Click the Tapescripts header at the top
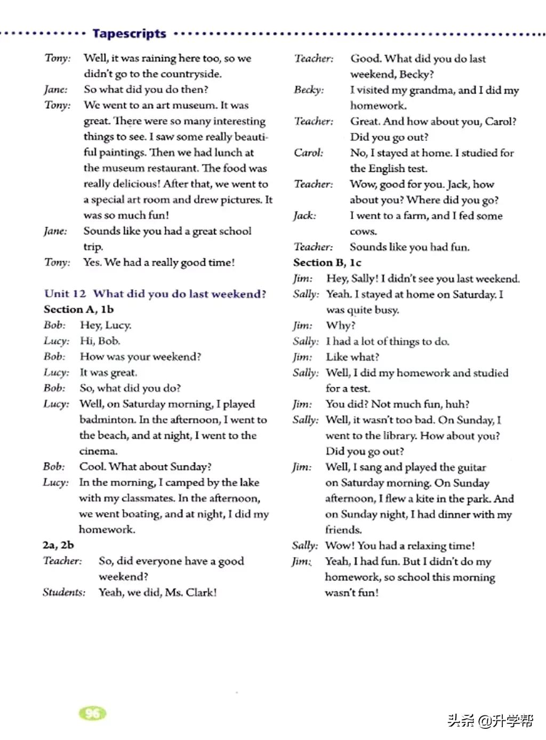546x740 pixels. [x=129, y=34]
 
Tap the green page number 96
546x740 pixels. [x=92, y=713]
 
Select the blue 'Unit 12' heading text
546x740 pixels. [x=65, y=293]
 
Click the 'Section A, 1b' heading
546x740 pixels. [x=78, y=309]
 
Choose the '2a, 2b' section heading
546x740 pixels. [x=58, y=545]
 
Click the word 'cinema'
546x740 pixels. [x=98, y=451]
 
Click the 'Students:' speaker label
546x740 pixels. [x=64, y=592]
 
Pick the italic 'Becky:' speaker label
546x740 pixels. [x=309, y=90]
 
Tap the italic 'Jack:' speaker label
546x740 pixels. [x=304, y=216]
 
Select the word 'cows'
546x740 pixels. [x=363, y=232]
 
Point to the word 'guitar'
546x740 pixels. [x=471, y=467]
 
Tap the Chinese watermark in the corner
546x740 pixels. [x=490, y=721]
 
